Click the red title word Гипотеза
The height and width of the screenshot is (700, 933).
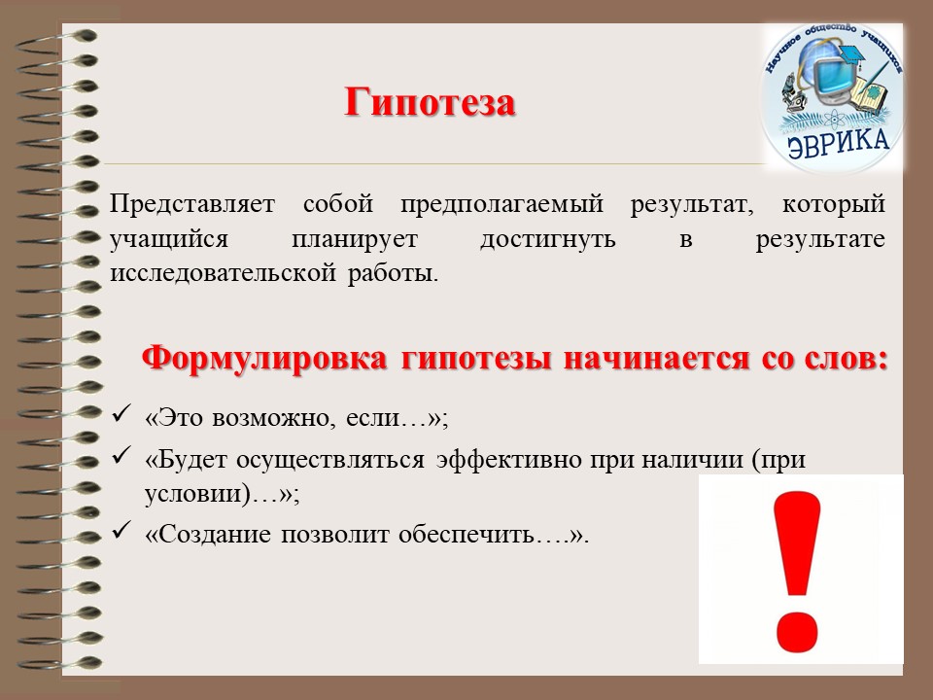(430, 102)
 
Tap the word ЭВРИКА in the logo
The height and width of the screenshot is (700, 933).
(838, 143)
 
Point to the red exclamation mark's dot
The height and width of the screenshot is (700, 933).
(796, 630)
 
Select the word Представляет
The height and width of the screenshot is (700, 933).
(192, 204)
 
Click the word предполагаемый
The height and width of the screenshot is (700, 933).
(502, 204)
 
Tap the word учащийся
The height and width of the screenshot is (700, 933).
(169, 239)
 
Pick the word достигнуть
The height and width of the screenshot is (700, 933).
(548, 239)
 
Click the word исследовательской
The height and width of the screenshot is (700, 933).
(224, 273)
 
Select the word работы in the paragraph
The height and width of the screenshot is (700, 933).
(393, 274)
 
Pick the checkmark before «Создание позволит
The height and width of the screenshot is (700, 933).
(121, 529)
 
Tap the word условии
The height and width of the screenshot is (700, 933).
(192, 494)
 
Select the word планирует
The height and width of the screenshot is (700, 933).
(355, 239)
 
